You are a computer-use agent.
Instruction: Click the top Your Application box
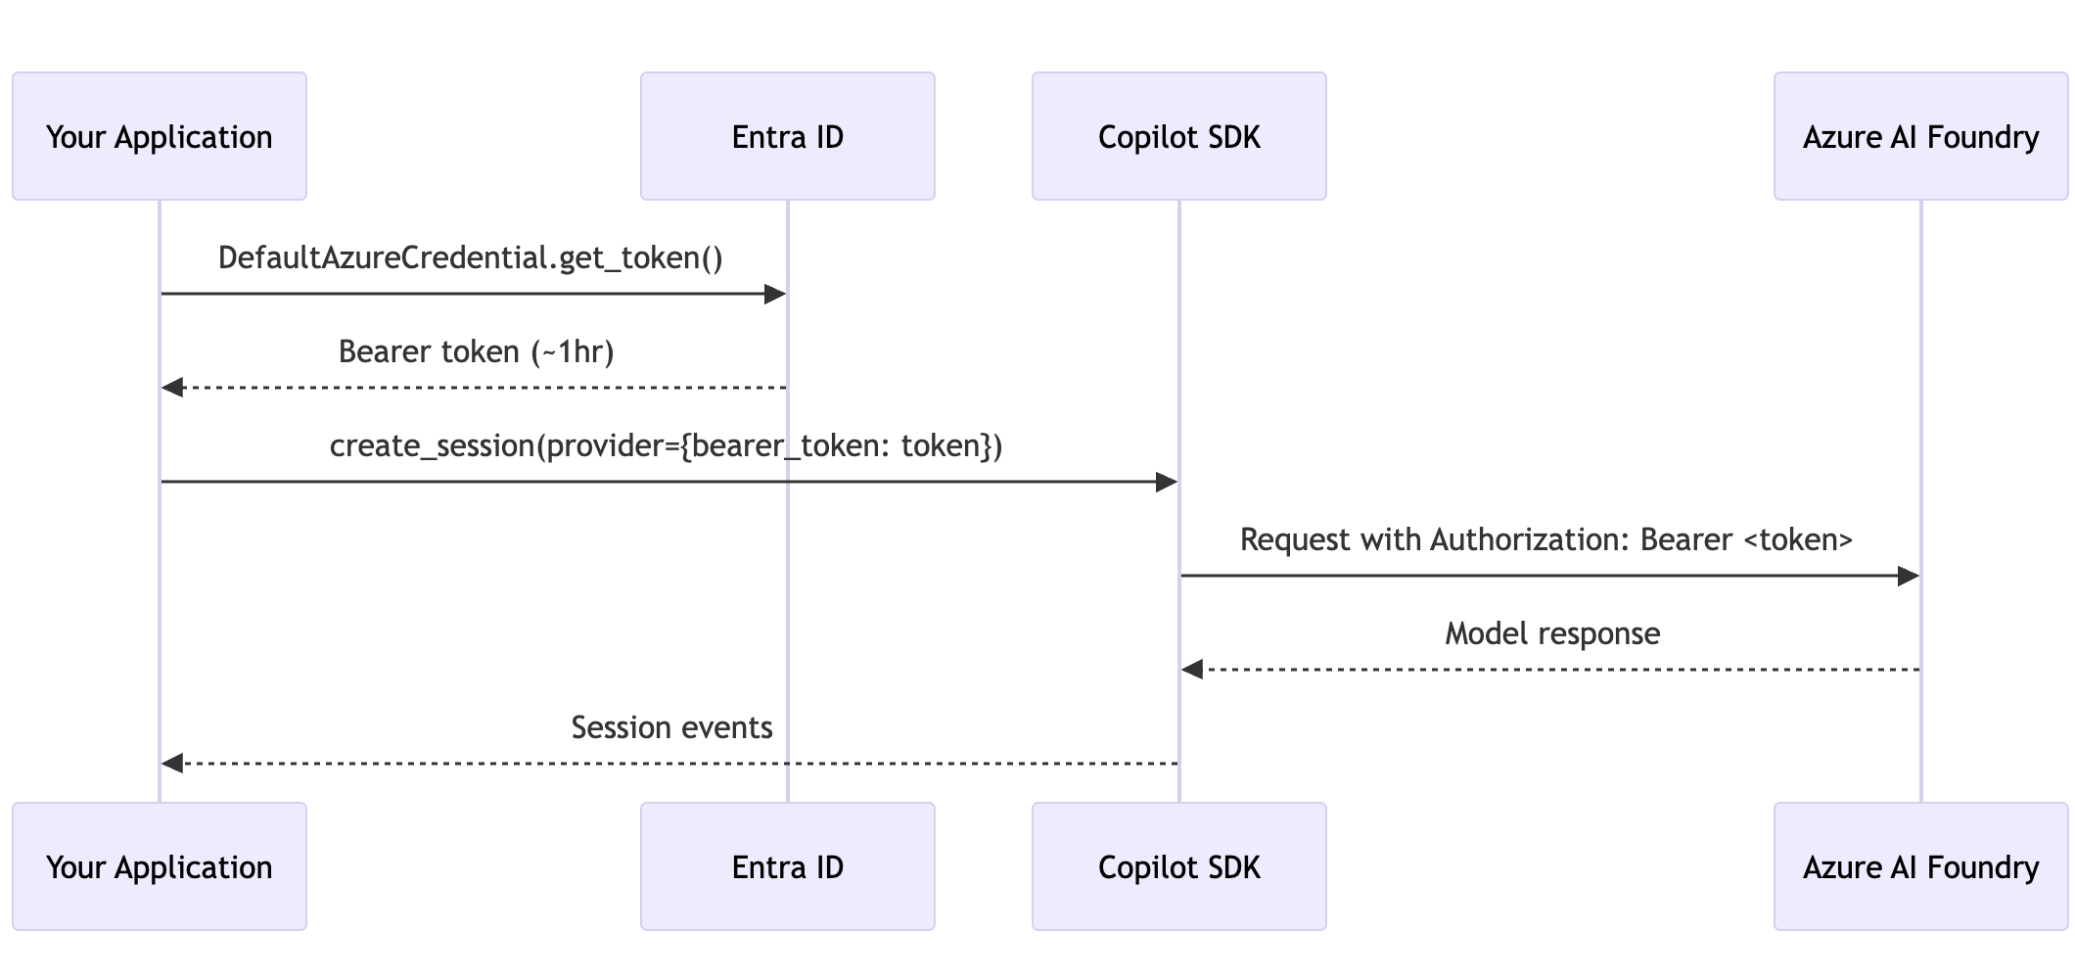click(x=160, y=136)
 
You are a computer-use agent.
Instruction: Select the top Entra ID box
click(x=788, y=136)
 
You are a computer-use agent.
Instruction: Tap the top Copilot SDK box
click(x=1179, y=136)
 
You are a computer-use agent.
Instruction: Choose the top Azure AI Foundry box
click(x=1921, y=136)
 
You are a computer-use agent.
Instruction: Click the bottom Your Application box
click(x=160, y=866)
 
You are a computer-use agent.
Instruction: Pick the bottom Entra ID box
click(x=788, y=866)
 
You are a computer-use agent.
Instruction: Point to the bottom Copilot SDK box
click(x=1179, y=866)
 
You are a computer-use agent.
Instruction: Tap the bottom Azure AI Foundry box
click(x=1921, y=866)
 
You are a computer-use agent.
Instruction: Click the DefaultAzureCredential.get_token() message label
click(x=471, y=257)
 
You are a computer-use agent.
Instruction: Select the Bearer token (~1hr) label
click(x=476, y=351)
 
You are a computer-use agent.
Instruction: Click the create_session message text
click(x=666, y=445)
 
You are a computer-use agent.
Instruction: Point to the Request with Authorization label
click(x=1546, y=539)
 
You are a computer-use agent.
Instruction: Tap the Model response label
click(x=1552, y=633)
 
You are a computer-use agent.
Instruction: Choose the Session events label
click(x=671, y=727)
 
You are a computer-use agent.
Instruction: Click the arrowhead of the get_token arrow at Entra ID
click(x=775, y=294)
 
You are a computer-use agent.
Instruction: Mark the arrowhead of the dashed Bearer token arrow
click(x=173, y=388)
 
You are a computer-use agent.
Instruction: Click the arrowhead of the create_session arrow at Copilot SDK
click(x=1167, y=482)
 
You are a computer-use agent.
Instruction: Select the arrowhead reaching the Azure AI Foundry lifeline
click(x=1909, y=576)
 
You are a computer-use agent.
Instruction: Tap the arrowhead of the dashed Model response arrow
click(x=1192, y=670)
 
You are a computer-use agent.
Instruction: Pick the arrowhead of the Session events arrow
click(x=173, y=764)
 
